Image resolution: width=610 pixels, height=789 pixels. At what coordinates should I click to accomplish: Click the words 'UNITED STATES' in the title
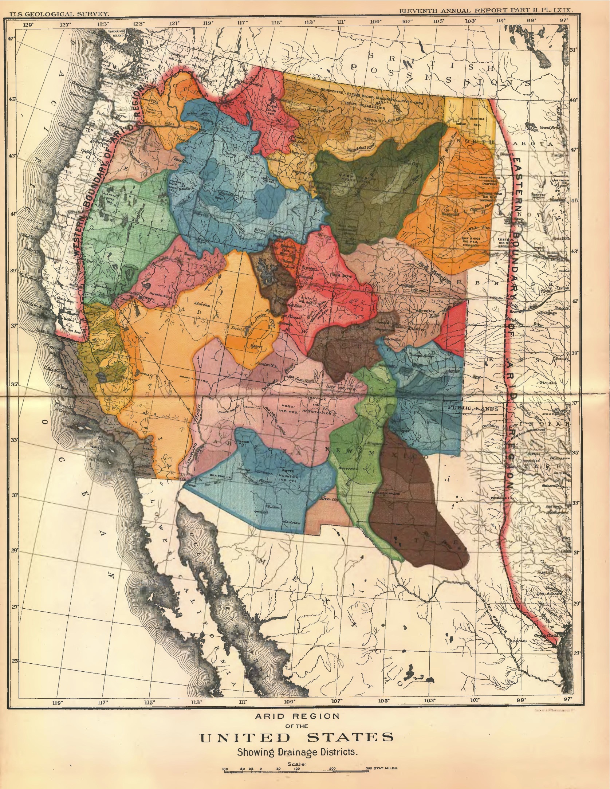click(x=296, y=738)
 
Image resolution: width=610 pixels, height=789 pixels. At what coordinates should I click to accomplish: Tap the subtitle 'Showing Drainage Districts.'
click(x=296, y=752)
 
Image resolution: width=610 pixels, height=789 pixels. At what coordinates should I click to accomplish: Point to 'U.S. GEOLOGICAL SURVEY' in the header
click(x=59, y=14)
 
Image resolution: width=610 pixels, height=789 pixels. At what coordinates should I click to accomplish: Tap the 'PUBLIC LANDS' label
click(x=473, y=409)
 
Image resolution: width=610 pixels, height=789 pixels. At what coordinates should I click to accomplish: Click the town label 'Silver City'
click(x=329, y=499)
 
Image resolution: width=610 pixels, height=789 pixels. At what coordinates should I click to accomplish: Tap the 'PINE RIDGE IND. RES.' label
click(x=472, y=241)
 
